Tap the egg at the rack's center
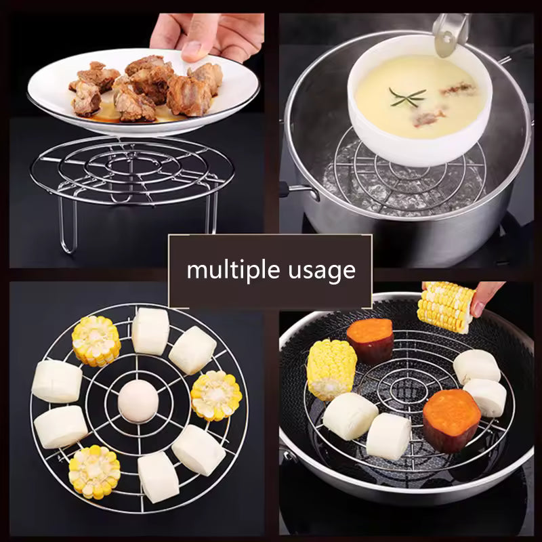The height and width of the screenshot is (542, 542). coord(138,399)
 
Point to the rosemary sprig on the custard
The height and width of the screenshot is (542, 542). coord(407,97)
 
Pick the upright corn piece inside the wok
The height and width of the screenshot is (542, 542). coord(331,369)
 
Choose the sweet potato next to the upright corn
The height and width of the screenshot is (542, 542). coord(370,340)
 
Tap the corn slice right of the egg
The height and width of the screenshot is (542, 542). coord(216,396)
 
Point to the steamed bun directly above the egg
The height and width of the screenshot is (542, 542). coord(150,331)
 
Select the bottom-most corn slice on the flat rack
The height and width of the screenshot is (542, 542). coord(94,471)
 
